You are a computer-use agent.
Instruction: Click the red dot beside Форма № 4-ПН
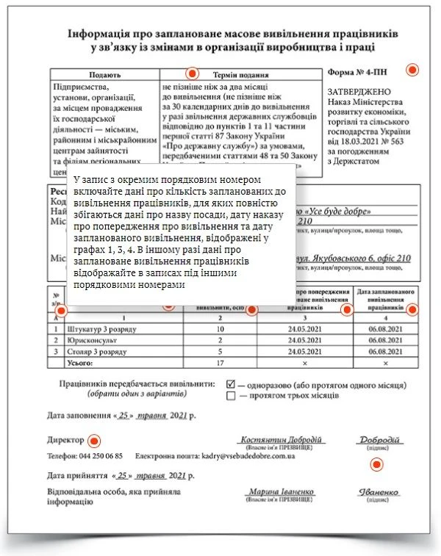[x=412, y=70]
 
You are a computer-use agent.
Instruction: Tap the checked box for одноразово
[x=232, y=383]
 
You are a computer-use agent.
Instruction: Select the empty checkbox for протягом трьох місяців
[x=232, y=395]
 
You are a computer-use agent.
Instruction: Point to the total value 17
[x=220, y=363]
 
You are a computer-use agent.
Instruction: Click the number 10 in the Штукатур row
[x=220, y=329]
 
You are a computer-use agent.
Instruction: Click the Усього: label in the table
[x=82, y=363]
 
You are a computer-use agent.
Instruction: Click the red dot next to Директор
[x=93, y=441]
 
